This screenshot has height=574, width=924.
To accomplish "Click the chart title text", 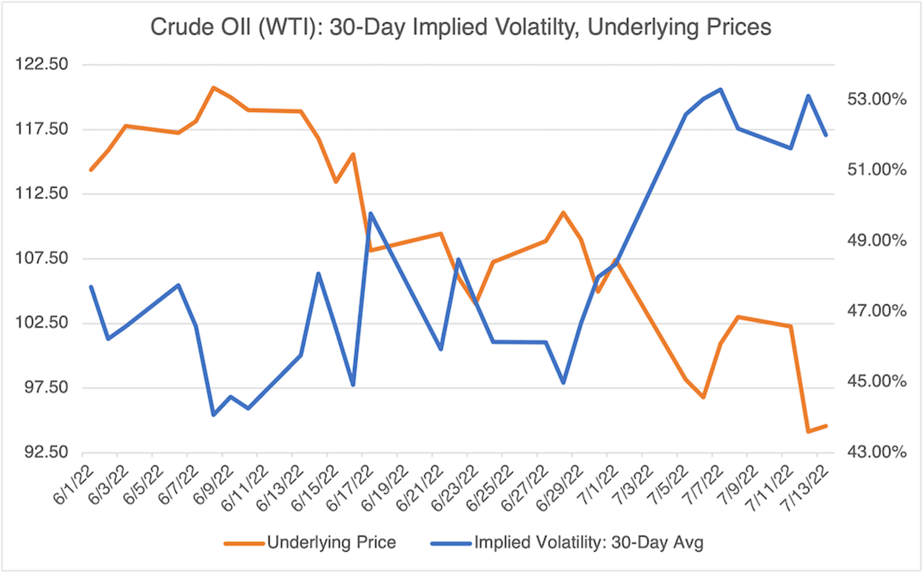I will coord(460,28).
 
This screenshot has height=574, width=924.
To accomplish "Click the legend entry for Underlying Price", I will coord(331,542).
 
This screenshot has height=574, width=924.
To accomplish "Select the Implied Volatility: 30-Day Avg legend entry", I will coord(588,542).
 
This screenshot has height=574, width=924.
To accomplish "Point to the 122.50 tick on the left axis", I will coord(42,64).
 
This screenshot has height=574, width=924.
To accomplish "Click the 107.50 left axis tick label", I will coord(42,258).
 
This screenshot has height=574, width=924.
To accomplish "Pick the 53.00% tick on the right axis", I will coord(877,100).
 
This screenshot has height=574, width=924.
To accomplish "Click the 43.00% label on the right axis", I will coord(877,452).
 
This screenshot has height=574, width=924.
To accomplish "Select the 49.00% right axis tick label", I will coord(877,240).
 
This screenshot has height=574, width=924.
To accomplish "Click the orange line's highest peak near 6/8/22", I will coord(213,87).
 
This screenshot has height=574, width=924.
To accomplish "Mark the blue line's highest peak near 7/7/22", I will coord(721,90).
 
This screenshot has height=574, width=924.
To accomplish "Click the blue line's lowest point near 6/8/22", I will coord(213,415).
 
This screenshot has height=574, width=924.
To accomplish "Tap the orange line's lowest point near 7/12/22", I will coord(808,431).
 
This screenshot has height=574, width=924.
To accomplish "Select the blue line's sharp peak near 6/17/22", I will coord(370,213).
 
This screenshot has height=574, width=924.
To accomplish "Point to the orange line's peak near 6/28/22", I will coord(563,212).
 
